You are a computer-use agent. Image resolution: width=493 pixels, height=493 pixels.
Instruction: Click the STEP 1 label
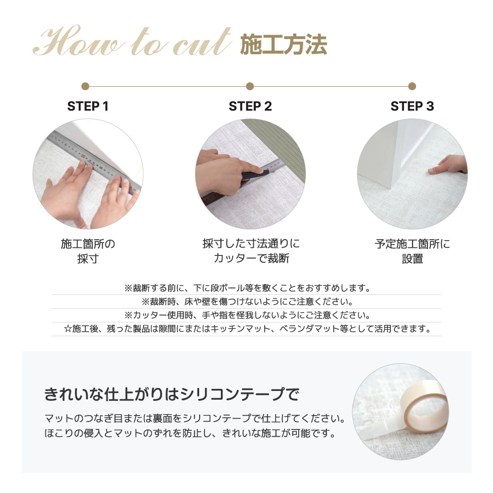click(88, 106)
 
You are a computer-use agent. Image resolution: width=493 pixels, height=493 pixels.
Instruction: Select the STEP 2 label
click(250, 106)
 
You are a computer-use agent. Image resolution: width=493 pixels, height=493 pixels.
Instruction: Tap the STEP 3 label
click(412, 106)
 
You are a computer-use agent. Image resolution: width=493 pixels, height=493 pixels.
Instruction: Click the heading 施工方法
click(283, 45)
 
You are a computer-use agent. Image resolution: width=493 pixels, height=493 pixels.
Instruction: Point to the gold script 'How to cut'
click(132, 41)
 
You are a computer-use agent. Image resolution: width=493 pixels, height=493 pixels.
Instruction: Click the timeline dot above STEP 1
click(85, 86)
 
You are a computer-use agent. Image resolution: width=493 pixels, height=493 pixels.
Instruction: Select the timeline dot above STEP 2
click(250, 86)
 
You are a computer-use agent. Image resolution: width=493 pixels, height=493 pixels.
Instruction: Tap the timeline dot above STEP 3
click(412, 86)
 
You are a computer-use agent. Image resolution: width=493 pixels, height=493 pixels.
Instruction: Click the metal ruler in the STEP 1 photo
click(94, 160)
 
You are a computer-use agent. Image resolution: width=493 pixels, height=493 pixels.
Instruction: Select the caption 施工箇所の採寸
click(88, 251)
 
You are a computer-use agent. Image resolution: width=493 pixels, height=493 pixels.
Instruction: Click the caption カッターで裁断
click(251, 258)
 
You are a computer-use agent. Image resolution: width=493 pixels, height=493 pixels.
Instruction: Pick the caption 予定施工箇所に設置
click(412, 251)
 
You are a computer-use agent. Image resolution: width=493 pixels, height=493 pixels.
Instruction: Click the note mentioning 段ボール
click(246, 288)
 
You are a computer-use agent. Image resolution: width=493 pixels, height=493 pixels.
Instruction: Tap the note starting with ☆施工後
click(246, 329)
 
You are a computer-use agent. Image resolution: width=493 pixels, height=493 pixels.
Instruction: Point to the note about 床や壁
click(246, 302)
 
